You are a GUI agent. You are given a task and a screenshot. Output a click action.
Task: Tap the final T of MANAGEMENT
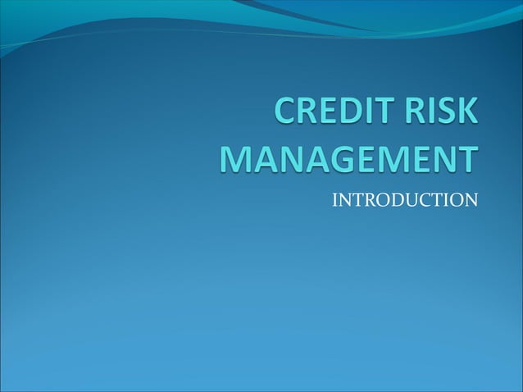[x=466, y=159]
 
